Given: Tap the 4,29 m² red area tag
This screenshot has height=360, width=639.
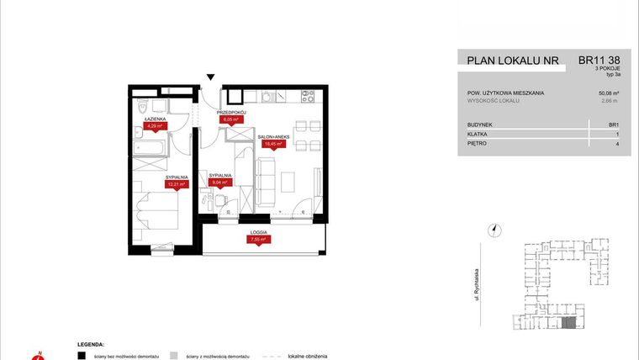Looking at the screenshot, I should pos(154,127).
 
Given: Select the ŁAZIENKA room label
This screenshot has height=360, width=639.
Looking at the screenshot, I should pos(154,120).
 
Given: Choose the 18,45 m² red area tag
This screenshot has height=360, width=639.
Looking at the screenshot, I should pos(272,144).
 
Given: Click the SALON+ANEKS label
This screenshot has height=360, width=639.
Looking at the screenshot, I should pos(274,137).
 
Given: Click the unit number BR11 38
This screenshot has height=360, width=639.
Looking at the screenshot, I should pos(600,61).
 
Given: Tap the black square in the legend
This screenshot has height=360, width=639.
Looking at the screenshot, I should pos(82,356).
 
